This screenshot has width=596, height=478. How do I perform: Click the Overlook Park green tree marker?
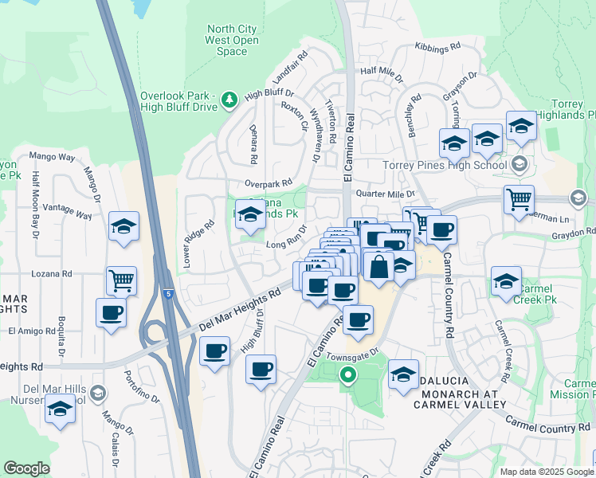pos(230,99)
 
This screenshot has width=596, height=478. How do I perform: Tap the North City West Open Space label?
pos(232,41)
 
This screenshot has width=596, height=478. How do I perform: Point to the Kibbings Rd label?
pos(437,47)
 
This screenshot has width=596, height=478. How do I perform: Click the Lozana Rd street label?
pos(51,273)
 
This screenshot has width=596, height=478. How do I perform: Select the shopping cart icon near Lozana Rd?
pos(121,279)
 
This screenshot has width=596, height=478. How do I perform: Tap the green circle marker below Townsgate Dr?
pos(347,374)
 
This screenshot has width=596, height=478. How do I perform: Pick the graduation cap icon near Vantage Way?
pos(124,226)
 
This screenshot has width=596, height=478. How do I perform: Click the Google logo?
pos(27,468)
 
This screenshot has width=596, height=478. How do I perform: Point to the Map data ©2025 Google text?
pos(547,472)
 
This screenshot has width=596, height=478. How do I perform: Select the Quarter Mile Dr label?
pos(386,194)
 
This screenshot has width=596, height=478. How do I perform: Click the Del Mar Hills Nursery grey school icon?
pos(96,393)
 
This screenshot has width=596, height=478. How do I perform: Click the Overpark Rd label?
pos(269,183)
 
